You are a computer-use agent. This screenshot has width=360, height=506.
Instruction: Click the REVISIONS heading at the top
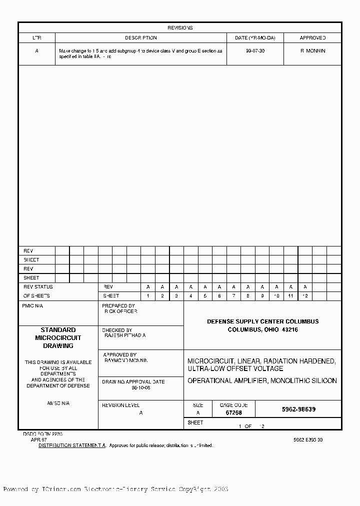pyautogui.click(x=180, y=28)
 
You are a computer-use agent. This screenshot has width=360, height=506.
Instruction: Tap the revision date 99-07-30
pyautogui.click(x=255, y=51)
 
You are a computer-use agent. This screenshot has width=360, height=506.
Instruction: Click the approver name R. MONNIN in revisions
pyautogui.click(x=312, y=51)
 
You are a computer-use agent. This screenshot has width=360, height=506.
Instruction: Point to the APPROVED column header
pyautogui.click(x=312, y=38)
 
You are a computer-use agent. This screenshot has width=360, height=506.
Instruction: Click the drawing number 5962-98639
pyautogui.click(x=298, y=409)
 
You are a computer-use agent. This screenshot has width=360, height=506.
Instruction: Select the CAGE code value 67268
pyautogui.click(x=233, y=413)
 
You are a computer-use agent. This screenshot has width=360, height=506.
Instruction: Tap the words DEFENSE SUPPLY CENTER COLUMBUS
pyautogui.click(x=262, y=321)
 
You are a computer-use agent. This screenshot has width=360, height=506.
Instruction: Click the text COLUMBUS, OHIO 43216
pyautogui.click(x=262, y=330)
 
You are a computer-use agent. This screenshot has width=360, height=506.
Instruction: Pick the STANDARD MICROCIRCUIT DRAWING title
pyautogui.click(x=58, y=338)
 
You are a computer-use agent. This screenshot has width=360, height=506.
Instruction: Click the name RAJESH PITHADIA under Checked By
pyautogui.click(x=125, y=335)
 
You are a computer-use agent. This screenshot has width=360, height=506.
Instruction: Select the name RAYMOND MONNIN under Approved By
pyautogui.click(x=126, y=360)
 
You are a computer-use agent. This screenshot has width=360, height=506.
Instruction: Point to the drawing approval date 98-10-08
pyautogui.click(x=140, y=388)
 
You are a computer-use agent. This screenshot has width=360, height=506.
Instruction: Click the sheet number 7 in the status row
pyautogui.click(x=233, y=296)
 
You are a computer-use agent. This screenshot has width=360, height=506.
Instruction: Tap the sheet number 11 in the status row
pyautogui.click(x=290, y=296)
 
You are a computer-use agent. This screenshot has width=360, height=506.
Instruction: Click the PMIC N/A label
pyautogui.click(x=33, y=305)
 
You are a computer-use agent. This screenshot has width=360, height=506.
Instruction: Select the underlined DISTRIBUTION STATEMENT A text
pyautogui.click(x=72, y=445)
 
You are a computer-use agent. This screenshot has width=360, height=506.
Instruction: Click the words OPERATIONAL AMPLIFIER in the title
pyautogui.click(x=227, y=381)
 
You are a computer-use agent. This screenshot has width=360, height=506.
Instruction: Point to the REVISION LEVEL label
pyautogui.click(x=120, y=405)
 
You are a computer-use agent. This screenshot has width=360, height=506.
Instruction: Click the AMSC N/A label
pyautogui.click(x=58, y=403)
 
